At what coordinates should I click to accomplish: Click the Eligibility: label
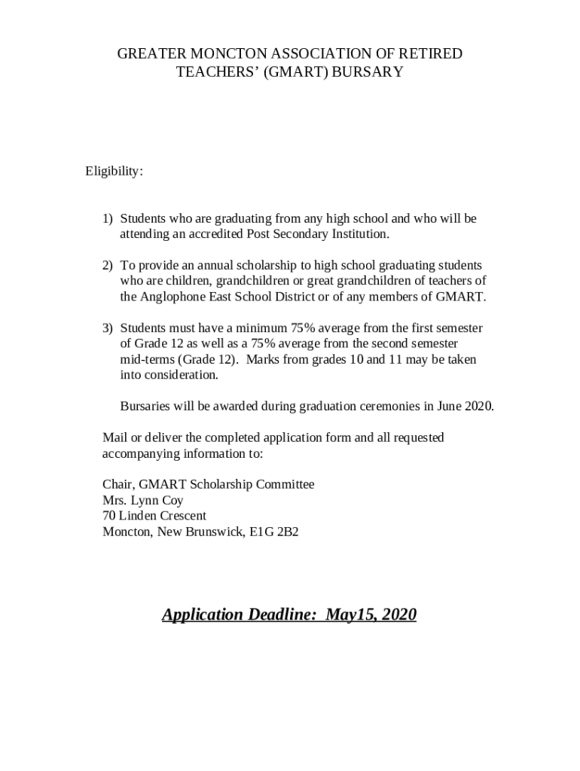pyautogui.click(x=114, y=172)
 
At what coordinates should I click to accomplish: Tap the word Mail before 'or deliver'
pyautogui.click(x=114, y=437)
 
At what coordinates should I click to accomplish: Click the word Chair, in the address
pyautogui.click(x=119, y=484)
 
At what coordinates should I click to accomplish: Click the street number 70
pyautogui.click(x=110, y=516)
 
